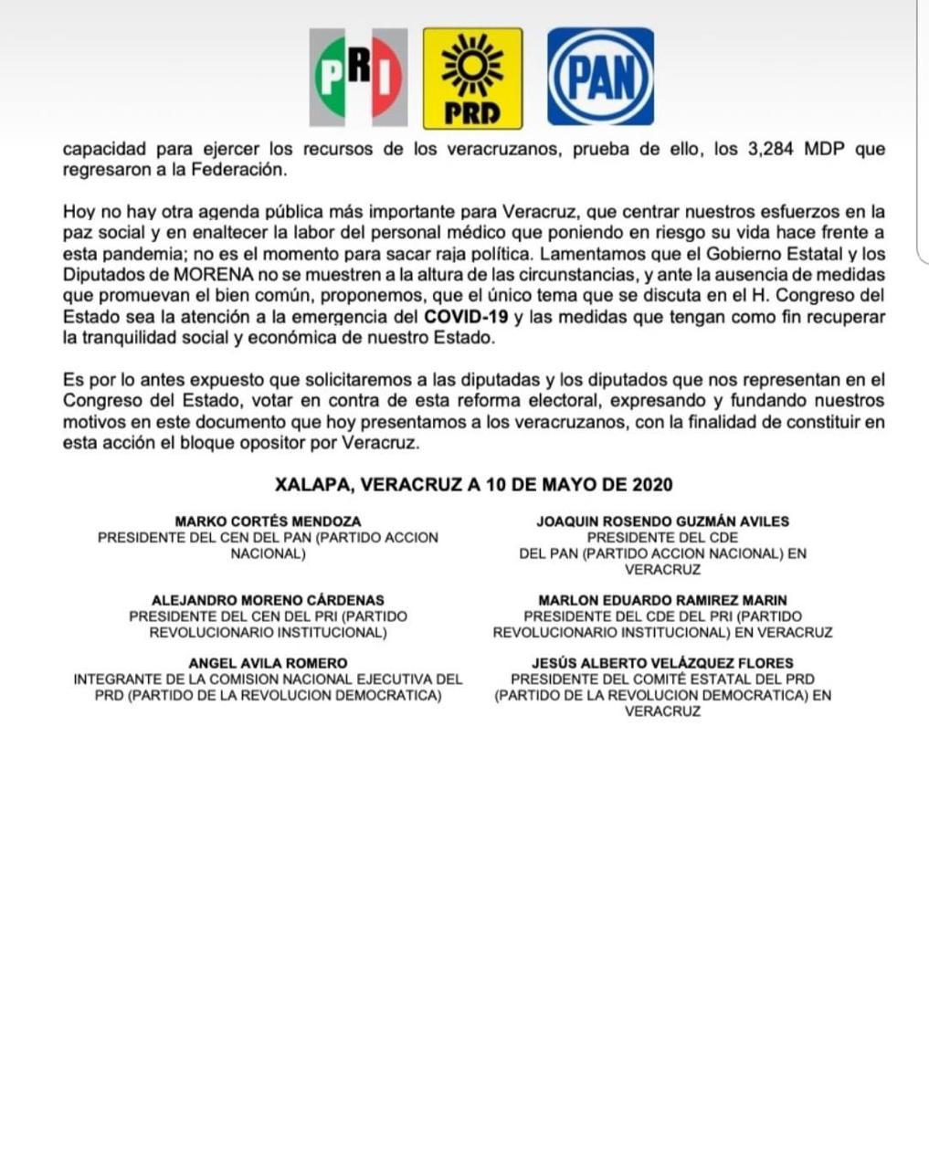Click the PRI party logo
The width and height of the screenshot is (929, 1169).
tap(358, 78)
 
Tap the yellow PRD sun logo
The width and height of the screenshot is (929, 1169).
tap(472, 78)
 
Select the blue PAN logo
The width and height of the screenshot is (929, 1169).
tap(600, 77)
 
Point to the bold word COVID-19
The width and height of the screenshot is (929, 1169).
tap(460, 317)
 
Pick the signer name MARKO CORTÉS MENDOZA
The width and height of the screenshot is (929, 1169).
tap(268, 521)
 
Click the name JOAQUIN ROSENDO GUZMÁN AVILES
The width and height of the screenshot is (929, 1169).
tap(662, 521)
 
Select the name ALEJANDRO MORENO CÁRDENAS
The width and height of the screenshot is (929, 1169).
tap(268, 600)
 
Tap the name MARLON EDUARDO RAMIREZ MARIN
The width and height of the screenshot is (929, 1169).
tap(662, 600)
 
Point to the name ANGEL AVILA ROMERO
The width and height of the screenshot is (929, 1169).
tap(268, 663)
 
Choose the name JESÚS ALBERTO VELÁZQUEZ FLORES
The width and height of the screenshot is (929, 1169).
tap(662, 663)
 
